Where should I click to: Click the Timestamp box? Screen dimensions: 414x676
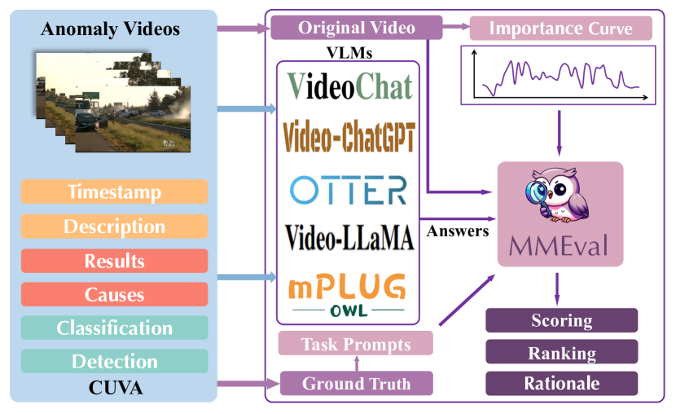(x=114, y=192)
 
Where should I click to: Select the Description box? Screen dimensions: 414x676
(x=114, y=227)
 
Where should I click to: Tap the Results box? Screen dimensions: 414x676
(x=114, y=261)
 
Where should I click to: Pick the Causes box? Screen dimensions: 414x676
(x=114, y=294)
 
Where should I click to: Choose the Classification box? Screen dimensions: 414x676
(x=114, y=328)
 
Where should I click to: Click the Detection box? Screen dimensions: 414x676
(x=114, y=361)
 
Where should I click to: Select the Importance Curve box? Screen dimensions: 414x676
(x=560, y=29)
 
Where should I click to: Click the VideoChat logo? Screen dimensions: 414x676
(x=349, y=86)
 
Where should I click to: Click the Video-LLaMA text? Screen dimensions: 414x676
(x=349, y=237)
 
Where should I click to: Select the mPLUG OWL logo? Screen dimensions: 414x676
(x=348, y=295)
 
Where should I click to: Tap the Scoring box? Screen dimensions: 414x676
(x=561, y=320)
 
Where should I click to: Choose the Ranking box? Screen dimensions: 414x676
(x=561, y=353)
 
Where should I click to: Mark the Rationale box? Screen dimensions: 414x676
(x=561, y=383)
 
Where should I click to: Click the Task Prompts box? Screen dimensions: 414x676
(x=355, y=343)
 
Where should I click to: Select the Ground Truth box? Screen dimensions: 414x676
(x=356, y=383)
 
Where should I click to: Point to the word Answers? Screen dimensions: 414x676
(x=458, y=231)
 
